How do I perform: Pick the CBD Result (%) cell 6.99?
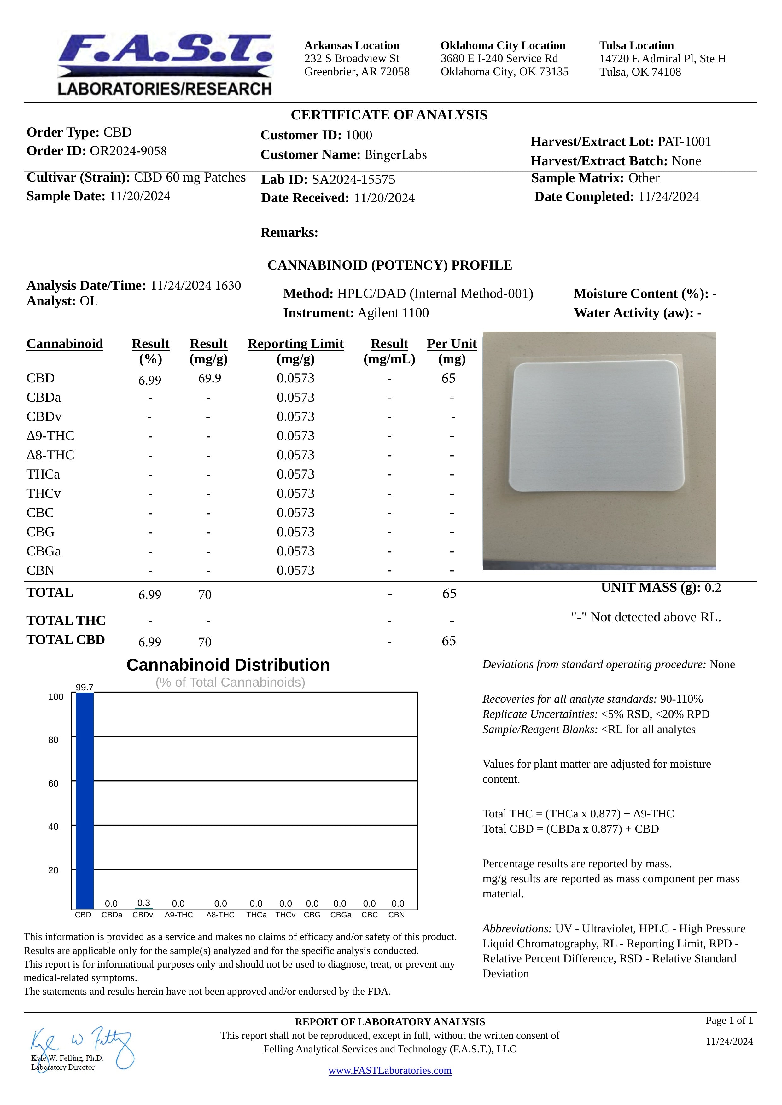click(x=150, y=381)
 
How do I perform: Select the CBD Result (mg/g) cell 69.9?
click(x=209, y=378)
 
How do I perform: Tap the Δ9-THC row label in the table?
click(x=50, y=436)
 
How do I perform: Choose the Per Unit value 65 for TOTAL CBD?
click(x=448, y=641)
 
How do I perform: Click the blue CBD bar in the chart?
click(x=85, y=800)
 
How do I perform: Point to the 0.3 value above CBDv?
click(x=143, y=903)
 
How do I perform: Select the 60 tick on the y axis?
click(x=54, y=783)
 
